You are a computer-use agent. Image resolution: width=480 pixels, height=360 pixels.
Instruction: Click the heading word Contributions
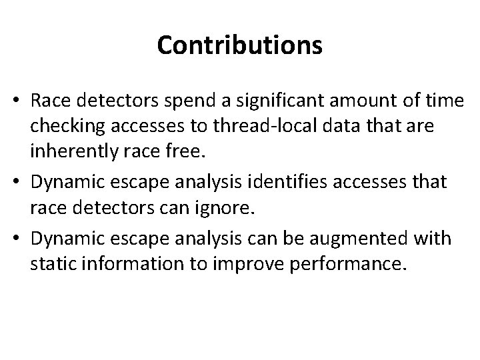tap(240, 45)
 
